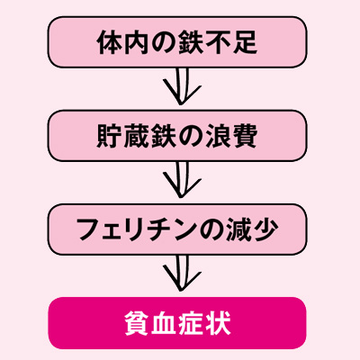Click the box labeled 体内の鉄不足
pyautogui.click(x=177, y=42)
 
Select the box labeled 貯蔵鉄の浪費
pyautogui.click(x=177, y=136)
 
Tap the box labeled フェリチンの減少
pyautogui.click(x=177, y=229)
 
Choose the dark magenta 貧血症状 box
pyautogui.click(x=177, y=323)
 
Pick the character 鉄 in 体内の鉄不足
pyautogui.click(x=191, y=42)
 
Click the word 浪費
pyautogui.click(x=231, y=136)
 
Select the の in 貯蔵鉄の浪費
pyautogui.click(x=191, y=136)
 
